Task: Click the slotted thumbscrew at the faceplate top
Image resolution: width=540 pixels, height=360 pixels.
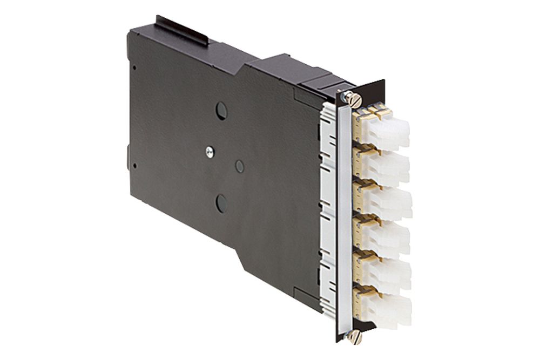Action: [x=354, y=99]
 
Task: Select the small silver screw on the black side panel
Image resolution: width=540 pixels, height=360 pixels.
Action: [x=209, y=153]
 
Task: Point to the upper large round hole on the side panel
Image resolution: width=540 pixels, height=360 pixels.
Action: [x=221, y=111]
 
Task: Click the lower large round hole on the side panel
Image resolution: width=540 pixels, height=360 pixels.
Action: [x=221, y=203]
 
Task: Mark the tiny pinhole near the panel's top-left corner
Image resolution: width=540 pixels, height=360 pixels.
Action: [x=134, y=67]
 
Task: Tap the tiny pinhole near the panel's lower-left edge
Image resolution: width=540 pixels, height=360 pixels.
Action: [x=134, y=166]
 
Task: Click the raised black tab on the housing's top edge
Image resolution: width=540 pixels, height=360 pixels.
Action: [x=181, y=30]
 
